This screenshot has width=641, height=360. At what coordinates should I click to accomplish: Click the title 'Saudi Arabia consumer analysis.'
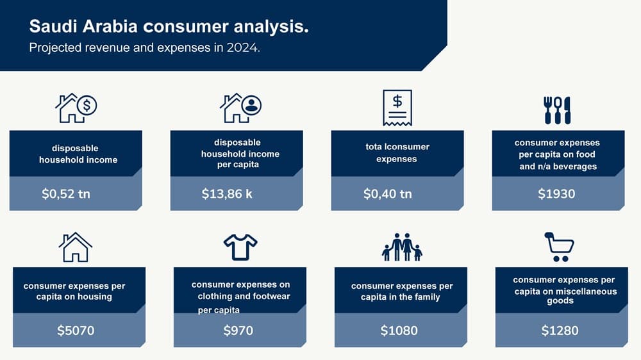[169, 26]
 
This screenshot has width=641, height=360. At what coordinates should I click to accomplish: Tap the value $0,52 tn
[66, 193]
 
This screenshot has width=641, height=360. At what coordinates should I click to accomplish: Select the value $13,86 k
[227, 193]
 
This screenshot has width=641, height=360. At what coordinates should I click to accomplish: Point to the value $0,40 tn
[388, 193]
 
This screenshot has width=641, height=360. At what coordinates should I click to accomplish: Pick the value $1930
[556, 193]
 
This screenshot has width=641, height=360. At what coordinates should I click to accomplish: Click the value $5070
[76, 330]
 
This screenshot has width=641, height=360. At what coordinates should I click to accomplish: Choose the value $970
[238, 330]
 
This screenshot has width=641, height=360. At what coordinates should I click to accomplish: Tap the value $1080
[399, 330]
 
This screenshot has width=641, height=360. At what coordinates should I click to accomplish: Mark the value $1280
[560, 330]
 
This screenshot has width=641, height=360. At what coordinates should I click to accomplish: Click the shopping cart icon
[559, 247]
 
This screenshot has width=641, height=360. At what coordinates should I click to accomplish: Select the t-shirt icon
[240, 247]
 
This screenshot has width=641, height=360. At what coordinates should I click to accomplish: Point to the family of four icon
[402, 247]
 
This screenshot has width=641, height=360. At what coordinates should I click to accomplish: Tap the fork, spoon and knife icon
[557, 110]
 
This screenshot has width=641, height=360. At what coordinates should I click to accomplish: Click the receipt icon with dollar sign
[397, 108]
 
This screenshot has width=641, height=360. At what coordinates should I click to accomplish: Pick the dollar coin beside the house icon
[87, 106]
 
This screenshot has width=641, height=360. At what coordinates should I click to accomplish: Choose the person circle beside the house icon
[251, 105]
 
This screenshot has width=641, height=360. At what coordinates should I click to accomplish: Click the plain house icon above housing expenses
[75, 247]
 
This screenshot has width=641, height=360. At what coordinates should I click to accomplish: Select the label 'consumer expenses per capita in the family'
[401, 291]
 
